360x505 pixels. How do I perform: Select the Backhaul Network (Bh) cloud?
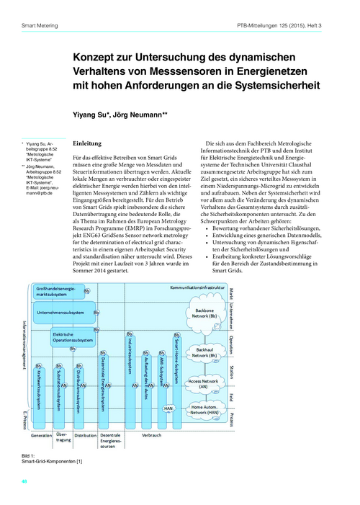(x=204, y=352)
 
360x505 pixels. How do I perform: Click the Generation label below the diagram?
(x=41, y=435)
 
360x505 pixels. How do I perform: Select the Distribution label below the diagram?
(x=86, y=435)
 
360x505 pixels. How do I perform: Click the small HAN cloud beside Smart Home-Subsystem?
(x=169, y=408)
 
